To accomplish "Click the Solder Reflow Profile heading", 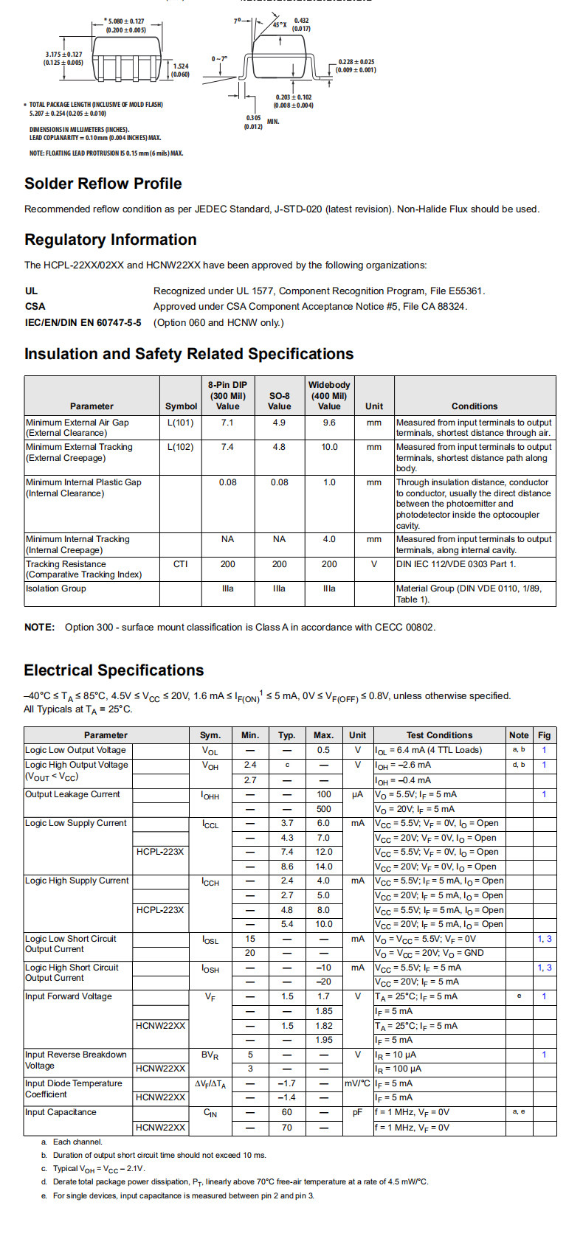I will pos(103,184).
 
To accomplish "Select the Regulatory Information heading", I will pos(110,240).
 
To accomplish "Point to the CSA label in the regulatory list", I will pos(35,307).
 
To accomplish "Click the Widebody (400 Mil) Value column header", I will pos(329,395).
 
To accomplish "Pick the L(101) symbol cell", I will pos(180,423).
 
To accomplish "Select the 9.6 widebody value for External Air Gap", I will pos(329,423).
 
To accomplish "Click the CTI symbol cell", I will pos(180,564).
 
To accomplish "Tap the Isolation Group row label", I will pos(56,589).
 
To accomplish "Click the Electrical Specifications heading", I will pos(114,670).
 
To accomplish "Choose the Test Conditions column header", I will pos(439,735).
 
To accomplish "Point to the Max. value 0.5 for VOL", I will pos(323,750).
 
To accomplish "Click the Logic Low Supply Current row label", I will pos(76,823).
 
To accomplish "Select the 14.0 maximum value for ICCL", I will pos(323,867).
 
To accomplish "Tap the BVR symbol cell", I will pos(210,1055).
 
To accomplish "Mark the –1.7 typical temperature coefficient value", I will pos(286,1083).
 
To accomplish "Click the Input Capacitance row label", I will pos(61,1112).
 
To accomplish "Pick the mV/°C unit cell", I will pos(357,1083).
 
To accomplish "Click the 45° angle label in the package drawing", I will pos(280,24).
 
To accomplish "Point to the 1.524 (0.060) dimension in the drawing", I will pos(180,70).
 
